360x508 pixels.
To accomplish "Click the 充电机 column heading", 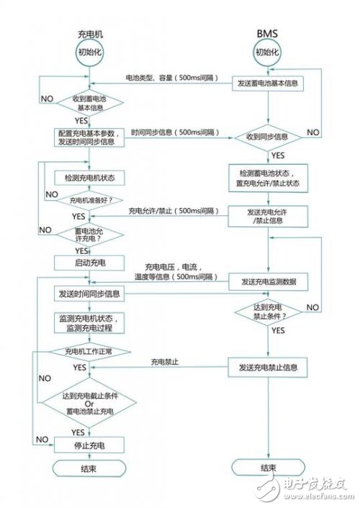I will (91, 35).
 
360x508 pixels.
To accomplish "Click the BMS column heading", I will (267, 35).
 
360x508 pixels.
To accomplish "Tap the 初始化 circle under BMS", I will (267, 53).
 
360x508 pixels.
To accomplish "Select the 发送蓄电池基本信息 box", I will (267, 83).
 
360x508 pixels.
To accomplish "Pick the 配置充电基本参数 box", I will (90, 137).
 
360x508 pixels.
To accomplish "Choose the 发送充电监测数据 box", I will (267, 279).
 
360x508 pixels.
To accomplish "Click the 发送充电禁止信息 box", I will (267, 368).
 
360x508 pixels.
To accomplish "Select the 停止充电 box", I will (90, 445).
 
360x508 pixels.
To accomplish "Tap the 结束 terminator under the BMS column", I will (267, 468).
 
